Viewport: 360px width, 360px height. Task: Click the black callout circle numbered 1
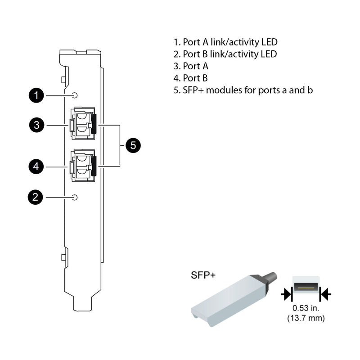tap(36, 95)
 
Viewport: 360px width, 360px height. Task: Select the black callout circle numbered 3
tap(36, 125)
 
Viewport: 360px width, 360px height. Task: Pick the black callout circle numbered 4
tap(36, 167)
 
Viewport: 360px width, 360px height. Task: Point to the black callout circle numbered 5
tap(133, 145)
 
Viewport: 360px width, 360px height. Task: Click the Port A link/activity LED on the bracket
tap(75, 95)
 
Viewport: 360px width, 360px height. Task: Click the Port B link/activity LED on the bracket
tap(75, 197)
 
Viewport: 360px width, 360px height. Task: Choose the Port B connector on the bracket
tap(82, 165)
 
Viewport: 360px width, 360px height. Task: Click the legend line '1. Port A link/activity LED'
tap(225, 42)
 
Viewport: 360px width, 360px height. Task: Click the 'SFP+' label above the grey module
tap(203, 275)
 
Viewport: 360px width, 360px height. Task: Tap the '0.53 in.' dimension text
tap(306, 309)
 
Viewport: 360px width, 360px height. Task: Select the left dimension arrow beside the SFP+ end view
tap(286, 295)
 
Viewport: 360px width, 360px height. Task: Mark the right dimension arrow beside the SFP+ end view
tap(325, 295)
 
